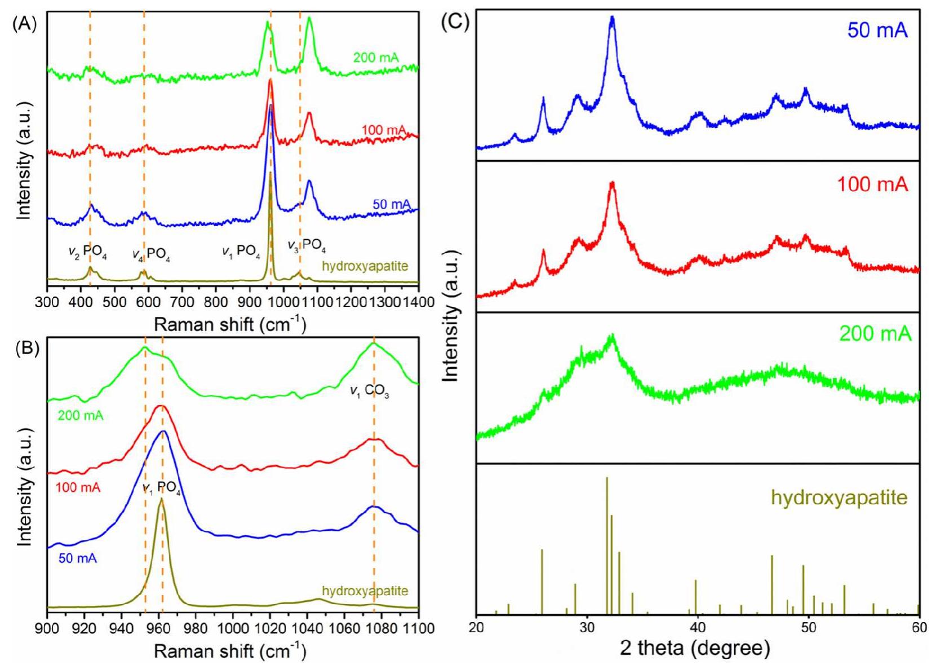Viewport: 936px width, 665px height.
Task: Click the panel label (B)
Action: pos(24,348)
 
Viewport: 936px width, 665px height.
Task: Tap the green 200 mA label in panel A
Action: pos(376,58)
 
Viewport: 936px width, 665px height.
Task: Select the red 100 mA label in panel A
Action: pos(383,130)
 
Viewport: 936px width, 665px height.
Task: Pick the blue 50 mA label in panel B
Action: pos(78,558)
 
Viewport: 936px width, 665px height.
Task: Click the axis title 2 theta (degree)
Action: pos(695,648)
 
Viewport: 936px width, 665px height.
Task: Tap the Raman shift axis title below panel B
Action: pos(230,651)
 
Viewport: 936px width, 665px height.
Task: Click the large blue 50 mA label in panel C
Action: pos(877,30)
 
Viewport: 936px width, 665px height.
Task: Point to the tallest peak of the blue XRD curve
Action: pos(612,19)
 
